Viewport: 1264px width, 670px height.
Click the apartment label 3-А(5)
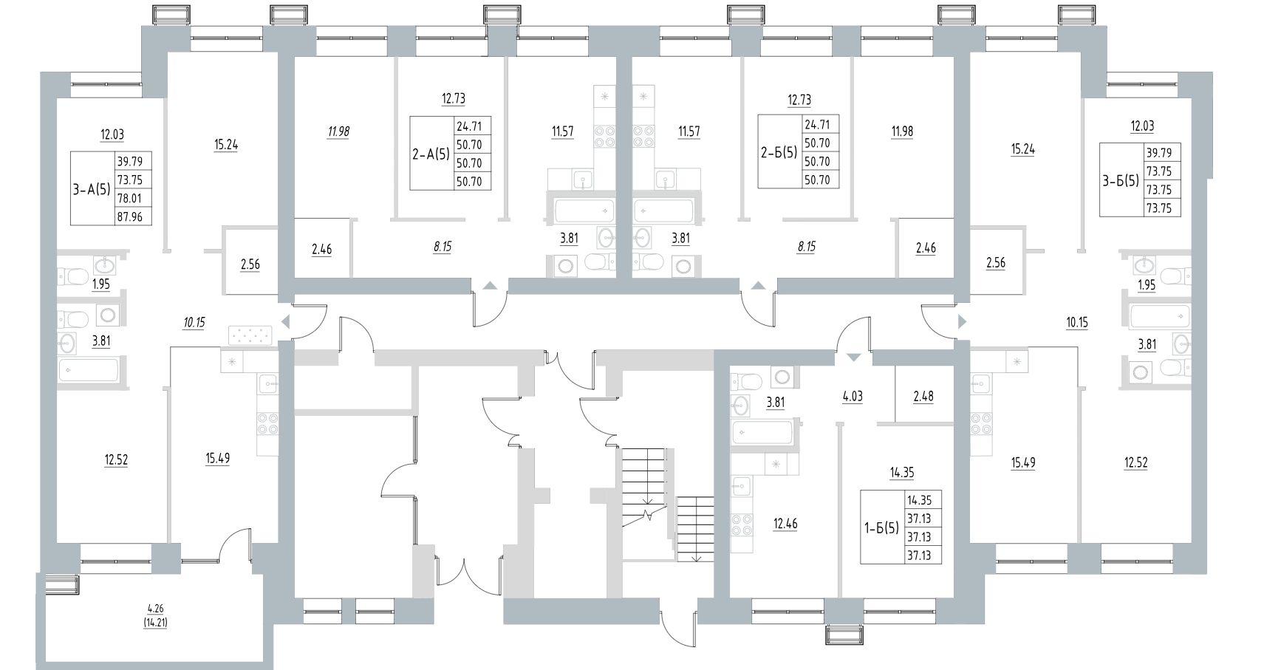coord(92,189)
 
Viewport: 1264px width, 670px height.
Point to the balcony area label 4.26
coord(155,609)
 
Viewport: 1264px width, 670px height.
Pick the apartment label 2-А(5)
coord(431,154)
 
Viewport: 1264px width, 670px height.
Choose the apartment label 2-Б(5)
coord(779,154)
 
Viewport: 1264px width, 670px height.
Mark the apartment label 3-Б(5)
coord(1121,180)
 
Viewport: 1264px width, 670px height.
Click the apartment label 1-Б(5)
coord(882,528)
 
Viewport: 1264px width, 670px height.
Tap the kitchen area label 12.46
coord(785,524)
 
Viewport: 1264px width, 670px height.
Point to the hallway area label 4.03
coord(853,397)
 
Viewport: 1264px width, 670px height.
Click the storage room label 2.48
coord(923,397)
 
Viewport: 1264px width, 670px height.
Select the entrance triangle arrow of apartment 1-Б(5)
coord(853,357)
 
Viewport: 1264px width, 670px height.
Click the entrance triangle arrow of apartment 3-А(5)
coord(284,322)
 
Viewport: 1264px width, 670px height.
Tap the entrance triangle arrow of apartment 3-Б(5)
coord(962,321)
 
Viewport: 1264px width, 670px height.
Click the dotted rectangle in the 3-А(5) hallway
coord(250,335)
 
